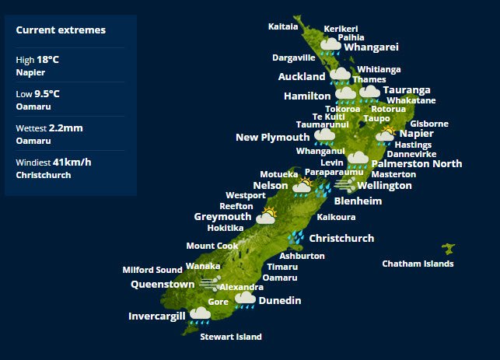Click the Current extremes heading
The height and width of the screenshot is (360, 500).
pos(61,30)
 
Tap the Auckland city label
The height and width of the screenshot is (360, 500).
pos(302,77)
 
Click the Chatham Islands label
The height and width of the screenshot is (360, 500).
pos(418,264)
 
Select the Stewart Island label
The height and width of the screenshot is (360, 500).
pos(231,337)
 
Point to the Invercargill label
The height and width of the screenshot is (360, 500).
pos(157,316)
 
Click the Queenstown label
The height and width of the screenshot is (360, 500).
pos(163,285)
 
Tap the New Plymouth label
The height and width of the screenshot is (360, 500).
pos(272,138)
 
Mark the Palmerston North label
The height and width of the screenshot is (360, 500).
pos(417,164)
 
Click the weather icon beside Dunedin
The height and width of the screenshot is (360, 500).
pos(245,299)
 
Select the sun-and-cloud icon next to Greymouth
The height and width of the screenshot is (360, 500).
pos(267,215)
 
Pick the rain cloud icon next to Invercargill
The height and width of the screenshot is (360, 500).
pos(201,314)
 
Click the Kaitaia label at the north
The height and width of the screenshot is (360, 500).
pos(283,26)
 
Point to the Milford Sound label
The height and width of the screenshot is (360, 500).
pos(152,270)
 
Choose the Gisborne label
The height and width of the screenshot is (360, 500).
pos(429,124)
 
